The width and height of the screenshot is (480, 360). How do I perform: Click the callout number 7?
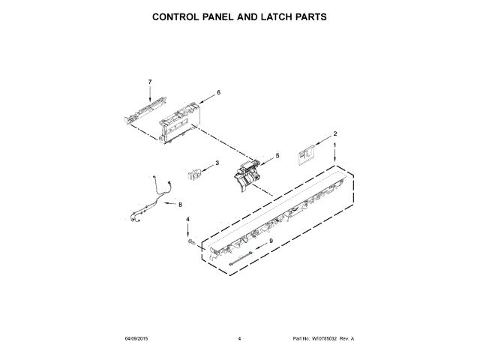pos(150,81)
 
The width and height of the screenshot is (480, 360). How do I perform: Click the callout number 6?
pos(218,92)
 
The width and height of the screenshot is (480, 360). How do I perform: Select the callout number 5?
pos(277,156)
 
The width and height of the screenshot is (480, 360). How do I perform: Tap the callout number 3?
pos(217,163)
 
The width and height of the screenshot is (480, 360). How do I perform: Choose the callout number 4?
pos(188,220)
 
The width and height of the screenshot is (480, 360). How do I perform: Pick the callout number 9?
pos(271,241)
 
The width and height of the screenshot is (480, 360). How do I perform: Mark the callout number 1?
pos(335,144)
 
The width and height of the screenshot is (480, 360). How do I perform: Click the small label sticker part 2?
pos(306,154)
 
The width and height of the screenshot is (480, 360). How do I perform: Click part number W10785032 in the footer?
pos(325,340)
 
